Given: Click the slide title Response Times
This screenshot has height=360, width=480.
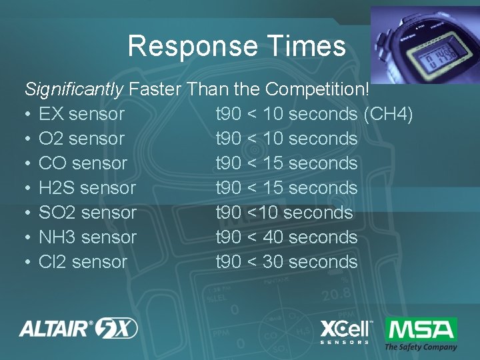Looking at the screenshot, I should (x=237, y=46).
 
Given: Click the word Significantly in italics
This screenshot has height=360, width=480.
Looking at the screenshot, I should (x=74, y=89).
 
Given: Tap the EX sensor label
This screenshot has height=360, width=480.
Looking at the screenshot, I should (x=81, y=114).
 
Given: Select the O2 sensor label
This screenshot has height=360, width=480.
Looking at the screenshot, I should (x=81, y=139).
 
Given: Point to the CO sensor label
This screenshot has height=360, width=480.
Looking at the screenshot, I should (x=83, y=163).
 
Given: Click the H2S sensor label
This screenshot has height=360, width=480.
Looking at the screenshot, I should (x=87, y=188).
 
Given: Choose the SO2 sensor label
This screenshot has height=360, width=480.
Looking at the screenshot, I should (x=87, y=213).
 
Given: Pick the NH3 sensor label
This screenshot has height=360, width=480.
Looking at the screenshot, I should (x=87, y=237).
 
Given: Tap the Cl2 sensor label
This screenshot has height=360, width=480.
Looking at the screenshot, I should (x=83, y=262).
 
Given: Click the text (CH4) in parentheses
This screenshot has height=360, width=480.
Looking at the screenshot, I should (x=388, y=114).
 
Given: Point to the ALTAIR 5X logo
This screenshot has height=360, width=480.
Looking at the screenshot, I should (x=79, y=328).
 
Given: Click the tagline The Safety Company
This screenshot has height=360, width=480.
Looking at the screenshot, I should (x=421, y=347).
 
